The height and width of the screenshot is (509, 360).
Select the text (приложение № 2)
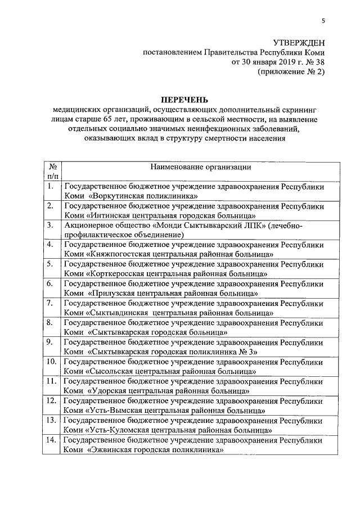tap(291, 72)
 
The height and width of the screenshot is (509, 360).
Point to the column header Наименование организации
tap(200, 167)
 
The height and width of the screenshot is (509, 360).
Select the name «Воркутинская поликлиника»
tap(143, 196)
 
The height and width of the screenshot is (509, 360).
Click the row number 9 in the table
tap(50, 341)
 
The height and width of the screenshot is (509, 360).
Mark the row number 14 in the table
tap(51, 439)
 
